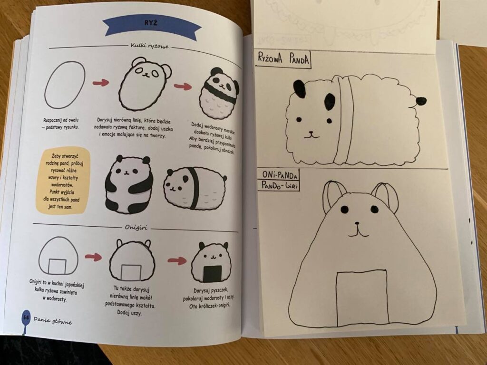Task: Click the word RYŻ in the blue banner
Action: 150,24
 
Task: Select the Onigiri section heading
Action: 136,228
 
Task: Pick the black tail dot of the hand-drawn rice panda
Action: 421,100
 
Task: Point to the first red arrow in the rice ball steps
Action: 100,83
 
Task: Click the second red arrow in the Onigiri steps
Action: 177,260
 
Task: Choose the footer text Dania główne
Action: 53,322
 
